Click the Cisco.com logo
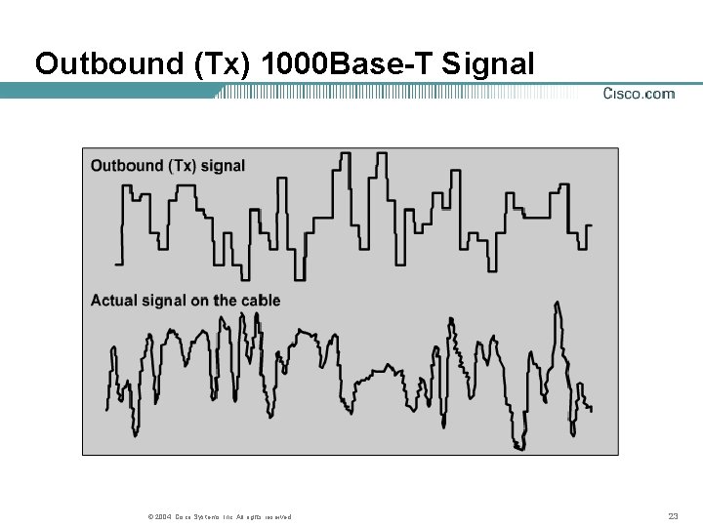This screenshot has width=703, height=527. pos(638,94)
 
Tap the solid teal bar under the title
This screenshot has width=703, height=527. pos(107,91)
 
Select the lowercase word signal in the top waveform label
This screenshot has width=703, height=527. pos(223,166)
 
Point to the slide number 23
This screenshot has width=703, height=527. pos(672,516)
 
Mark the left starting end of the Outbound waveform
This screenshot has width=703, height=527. pos(116,263)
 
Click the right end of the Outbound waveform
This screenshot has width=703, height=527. pos(590,226)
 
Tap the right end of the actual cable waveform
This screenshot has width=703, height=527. pos(591,409)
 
